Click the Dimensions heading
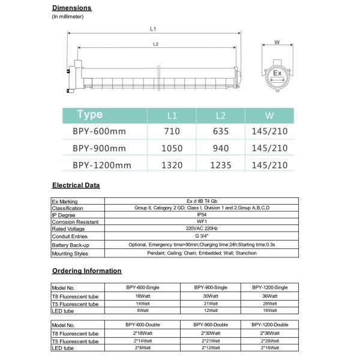[x=72, y=8]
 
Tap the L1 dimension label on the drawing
[x=154, y=29]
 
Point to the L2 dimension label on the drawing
[x=155, y=44]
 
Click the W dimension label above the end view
[x=277, y=42]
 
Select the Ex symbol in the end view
[x=277, y=73]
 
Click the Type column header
[x=91, y=115]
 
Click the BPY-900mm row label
[x=100, y=148]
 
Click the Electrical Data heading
[x=76, y=185]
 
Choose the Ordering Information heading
[x=87, y=271]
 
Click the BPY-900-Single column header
[x=211, y=288]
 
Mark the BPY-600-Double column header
[x=143, y=325]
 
